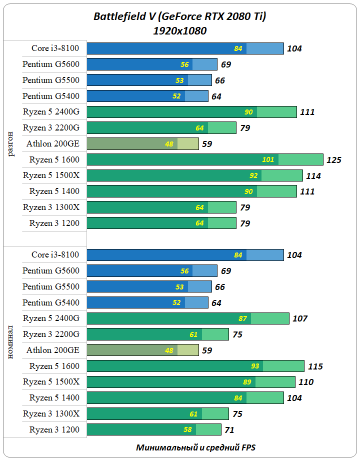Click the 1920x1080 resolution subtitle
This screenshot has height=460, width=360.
point(180,30)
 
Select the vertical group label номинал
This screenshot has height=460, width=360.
point(11,343)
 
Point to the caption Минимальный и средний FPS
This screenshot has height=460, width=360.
point(196,447)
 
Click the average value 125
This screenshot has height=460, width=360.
point(333,160)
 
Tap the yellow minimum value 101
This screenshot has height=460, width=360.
point(268,160)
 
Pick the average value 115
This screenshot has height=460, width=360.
point(315,366)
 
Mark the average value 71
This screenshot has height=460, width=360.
point(229,430)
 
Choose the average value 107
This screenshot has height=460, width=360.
point(300,318)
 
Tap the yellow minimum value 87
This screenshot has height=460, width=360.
point(243,318)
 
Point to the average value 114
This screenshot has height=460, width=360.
point(313,176)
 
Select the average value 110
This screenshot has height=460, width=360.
point(306,382)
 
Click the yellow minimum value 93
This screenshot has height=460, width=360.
point(255,366)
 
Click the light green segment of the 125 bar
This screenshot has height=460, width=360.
point(300,159)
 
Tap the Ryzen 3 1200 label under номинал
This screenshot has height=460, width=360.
point(54,429)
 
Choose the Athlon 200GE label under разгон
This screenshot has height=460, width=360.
point(53,143)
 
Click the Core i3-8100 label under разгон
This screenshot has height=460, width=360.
point(55,48)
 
